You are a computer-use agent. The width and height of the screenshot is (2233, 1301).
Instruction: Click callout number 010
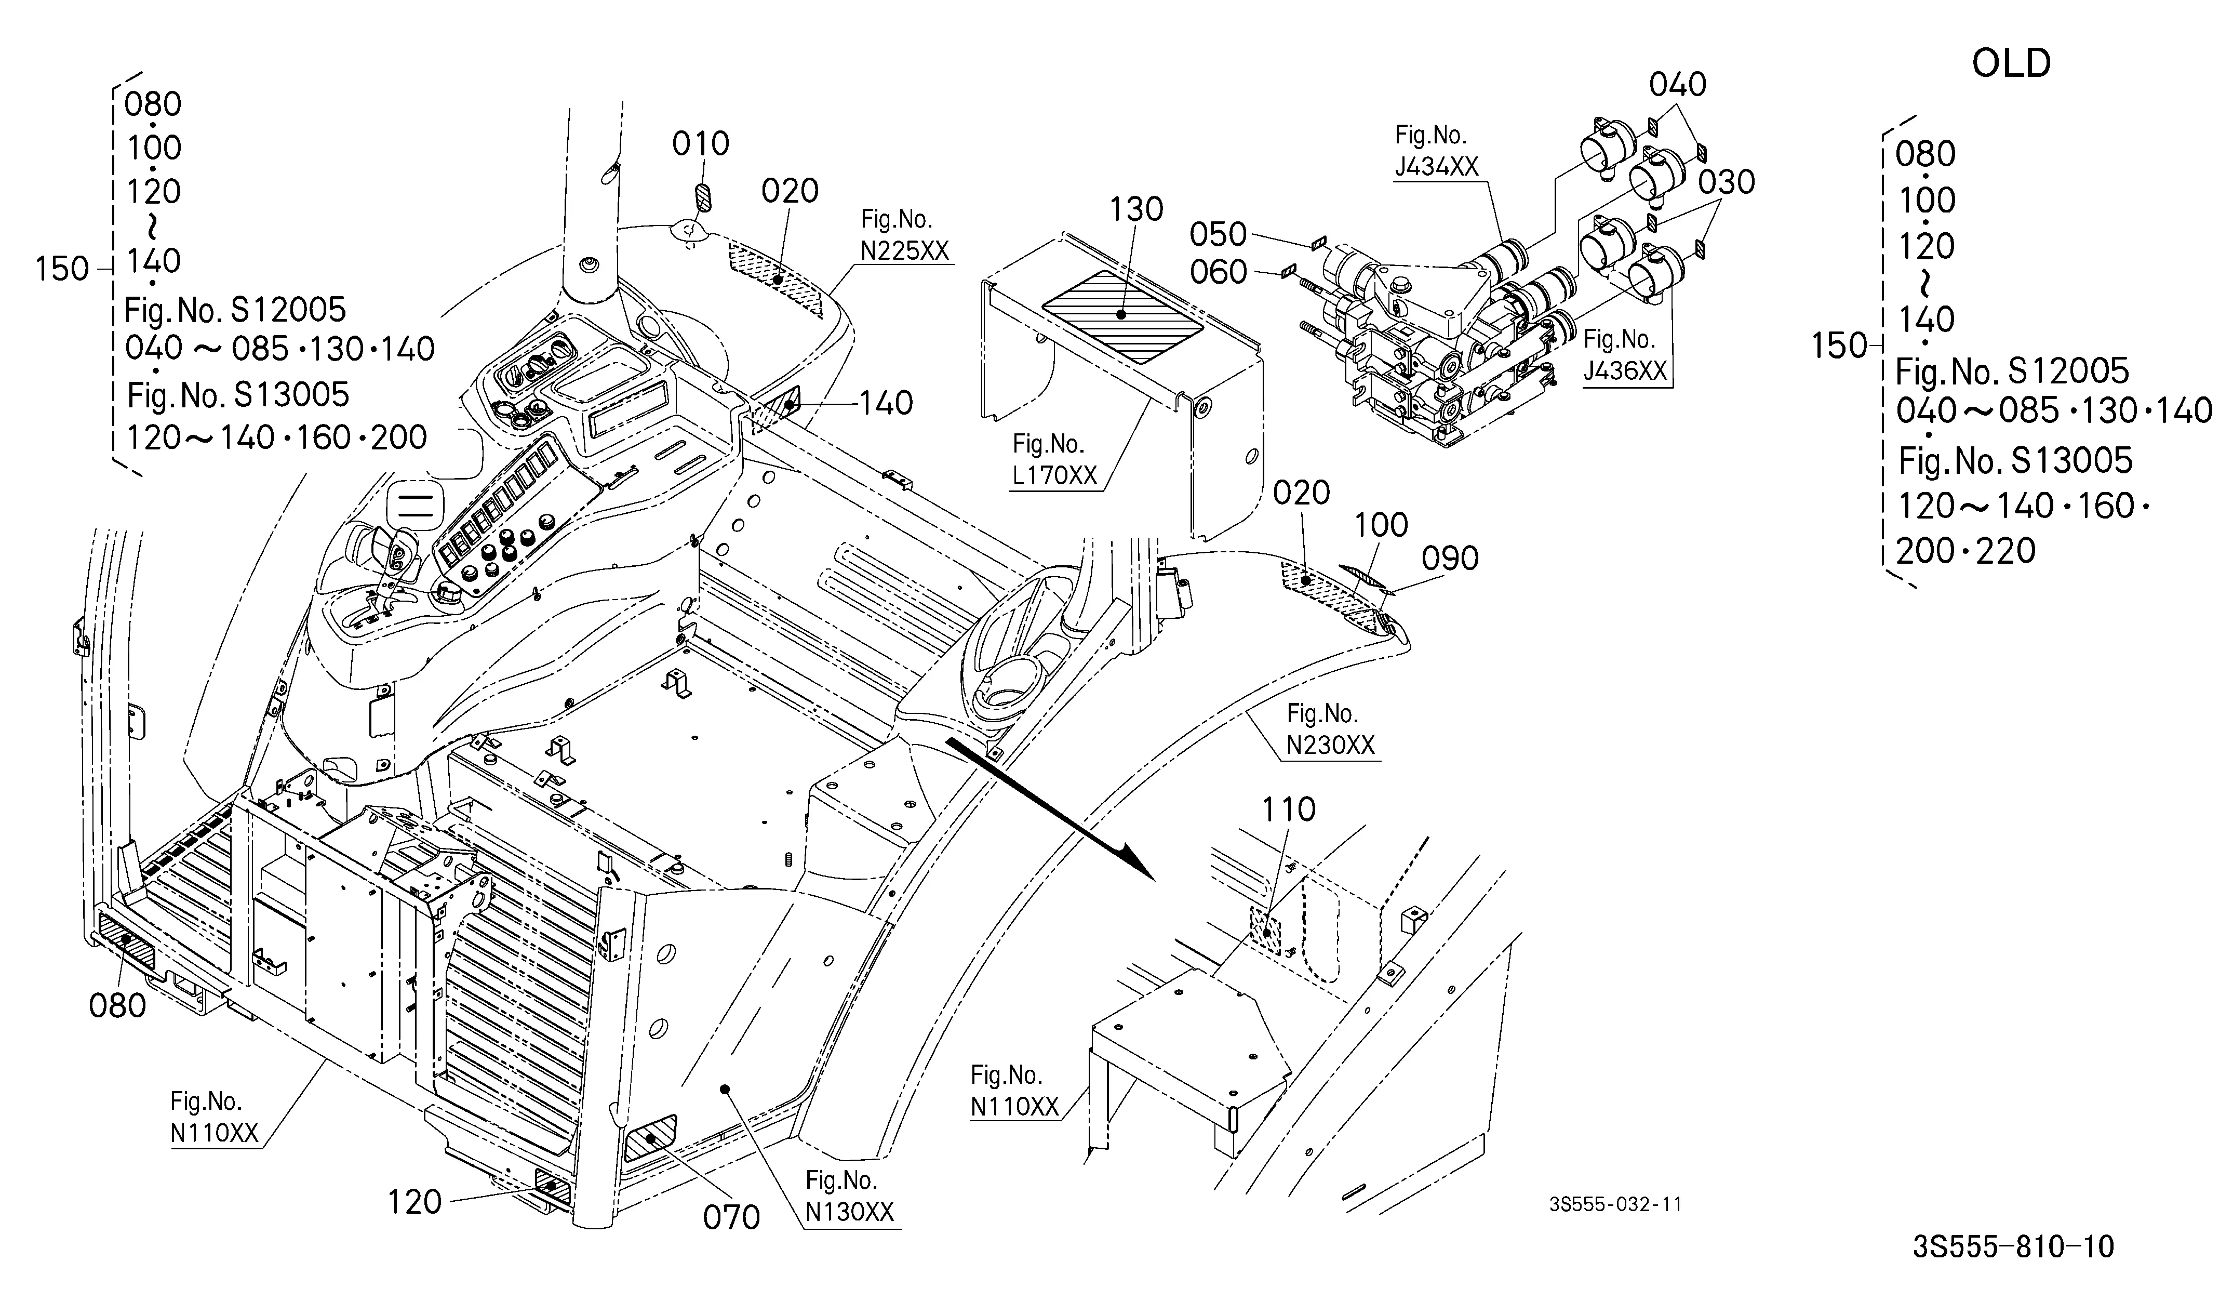tap(700, 143)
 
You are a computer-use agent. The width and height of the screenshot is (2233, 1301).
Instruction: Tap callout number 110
tap(1288, 809)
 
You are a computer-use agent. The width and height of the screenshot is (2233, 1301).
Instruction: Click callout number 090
tap(1450, 559)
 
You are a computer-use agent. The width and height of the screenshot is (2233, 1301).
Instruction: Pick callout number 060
tap(1219, 272)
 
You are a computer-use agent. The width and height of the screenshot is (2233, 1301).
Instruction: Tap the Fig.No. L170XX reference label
tap(1054, 459)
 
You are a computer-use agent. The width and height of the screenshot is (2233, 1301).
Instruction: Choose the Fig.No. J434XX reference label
tap(1436, 151)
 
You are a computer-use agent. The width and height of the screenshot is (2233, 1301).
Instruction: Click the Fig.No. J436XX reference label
tap(1625, 354)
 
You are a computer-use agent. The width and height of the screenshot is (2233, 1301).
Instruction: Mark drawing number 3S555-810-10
tap(2013, 1247)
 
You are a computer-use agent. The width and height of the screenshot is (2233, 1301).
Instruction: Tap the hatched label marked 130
tap(1122, 315)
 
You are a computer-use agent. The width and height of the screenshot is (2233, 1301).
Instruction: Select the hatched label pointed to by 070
tap(650, 1139)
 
